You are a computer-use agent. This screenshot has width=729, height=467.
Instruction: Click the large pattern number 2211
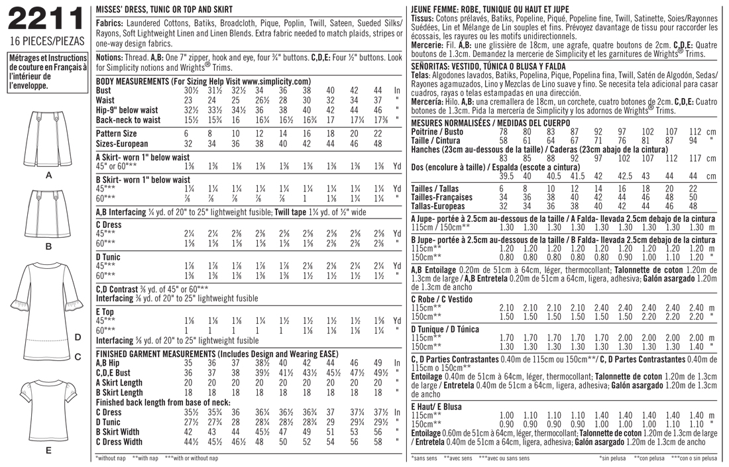pyautogui.click(x=44, y=23)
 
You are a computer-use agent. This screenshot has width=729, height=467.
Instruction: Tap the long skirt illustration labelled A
pyautogui.click(x=48, y=139)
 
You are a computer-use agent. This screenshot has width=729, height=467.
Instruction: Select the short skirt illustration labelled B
pyautogui.click(x=48, y=214)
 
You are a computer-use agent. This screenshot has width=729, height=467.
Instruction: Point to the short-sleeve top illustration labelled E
pyautogui.click(x=48, y=409)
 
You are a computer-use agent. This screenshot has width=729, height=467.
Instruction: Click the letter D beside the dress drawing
pyautogui.click(x=78, y=338)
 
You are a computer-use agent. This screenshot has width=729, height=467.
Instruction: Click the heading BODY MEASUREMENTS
pyautogui.click(x=132, y=81)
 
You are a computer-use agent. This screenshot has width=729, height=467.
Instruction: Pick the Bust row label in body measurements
pyautogui.click(x=103, y=90)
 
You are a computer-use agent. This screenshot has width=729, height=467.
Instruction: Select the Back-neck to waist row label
pyautogui.click(x=128, y=120)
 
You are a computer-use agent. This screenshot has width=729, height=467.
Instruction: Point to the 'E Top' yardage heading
pyautogui.click(x=106, y=311)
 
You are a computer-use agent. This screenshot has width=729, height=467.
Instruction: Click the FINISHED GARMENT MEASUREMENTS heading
pyautogui.click(x=173, y=354)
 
